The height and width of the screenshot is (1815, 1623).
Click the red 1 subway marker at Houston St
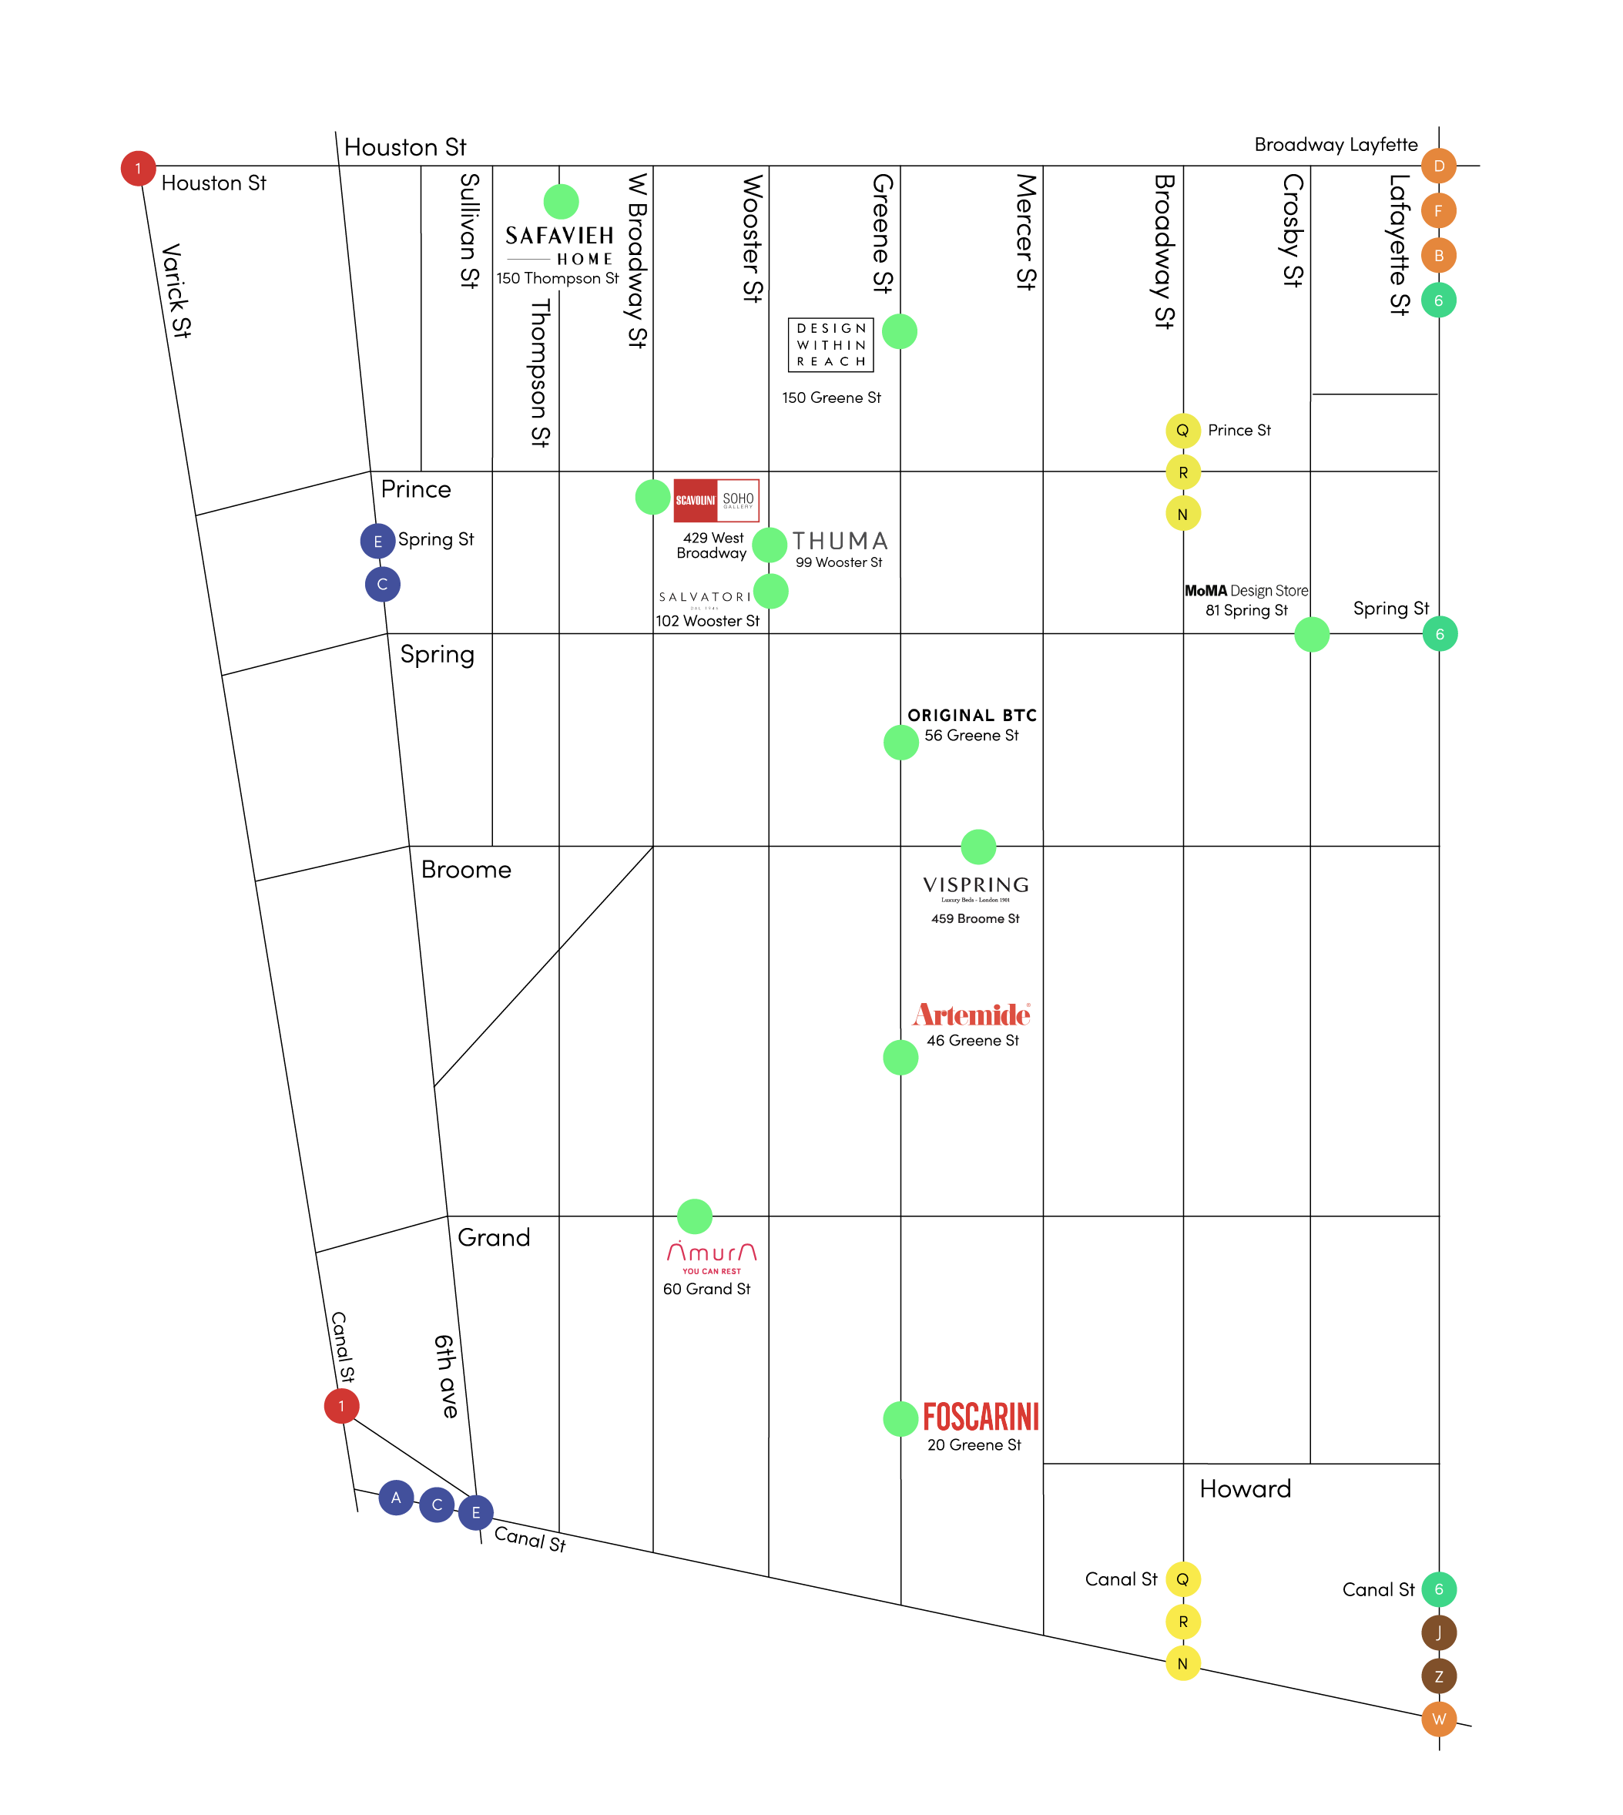[138, 169]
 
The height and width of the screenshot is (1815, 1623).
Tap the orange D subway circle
[1438, 166]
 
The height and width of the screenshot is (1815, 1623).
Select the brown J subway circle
[1438, 1633]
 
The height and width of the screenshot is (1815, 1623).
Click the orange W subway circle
[1438, 1719]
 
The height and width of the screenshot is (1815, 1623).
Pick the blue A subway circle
[396, 1498]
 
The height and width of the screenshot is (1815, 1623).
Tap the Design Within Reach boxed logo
[830, 345]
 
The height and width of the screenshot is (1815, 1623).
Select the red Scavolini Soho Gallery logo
[716, 500]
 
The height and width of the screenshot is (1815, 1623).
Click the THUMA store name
[840, 542]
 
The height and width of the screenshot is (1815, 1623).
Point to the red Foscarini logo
[980, 1416]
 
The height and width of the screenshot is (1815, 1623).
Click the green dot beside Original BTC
[900, 742]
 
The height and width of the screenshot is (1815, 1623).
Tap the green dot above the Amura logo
[695, 1216]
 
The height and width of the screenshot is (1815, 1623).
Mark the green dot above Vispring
[978, 847]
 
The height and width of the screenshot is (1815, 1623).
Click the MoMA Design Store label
[1246, 590]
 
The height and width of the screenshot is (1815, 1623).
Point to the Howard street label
[1245, 1488]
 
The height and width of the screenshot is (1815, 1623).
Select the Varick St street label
[176, 290]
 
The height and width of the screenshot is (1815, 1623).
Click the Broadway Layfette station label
[1335, 145]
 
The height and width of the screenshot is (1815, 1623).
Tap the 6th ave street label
[446, 1376]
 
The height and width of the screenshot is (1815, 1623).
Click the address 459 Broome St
[974, 918]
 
